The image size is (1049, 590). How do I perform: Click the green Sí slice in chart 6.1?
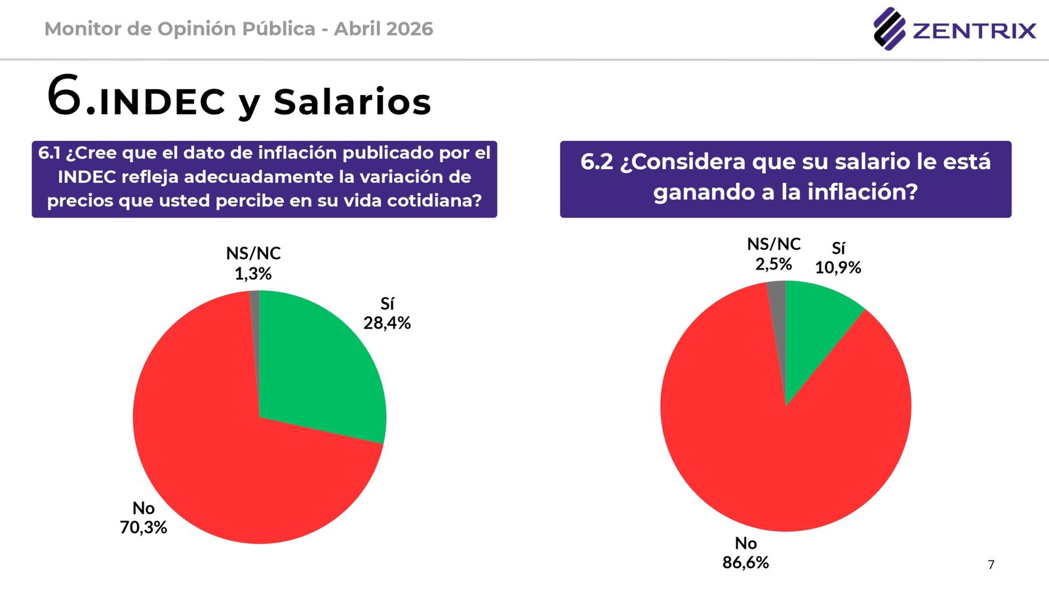(321, 367)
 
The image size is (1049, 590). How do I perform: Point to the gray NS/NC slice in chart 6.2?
(778, 308)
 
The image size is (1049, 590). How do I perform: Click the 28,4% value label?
(387, 323)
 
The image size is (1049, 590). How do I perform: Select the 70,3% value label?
(143, 528)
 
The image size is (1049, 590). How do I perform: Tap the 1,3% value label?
(253, 274)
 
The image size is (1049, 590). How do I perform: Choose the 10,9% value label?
(838, 267)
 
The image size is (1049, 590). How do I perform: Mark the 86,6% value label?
(745, 562)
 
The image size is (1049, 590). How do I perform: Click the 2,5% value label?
(774, 264)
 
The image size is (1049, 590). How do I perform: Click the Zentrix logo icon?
(888, 29)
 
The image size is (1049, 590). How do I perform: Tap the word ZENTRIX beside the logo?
(974, 31)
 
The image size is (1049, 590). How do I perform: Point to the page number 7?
(991, 564)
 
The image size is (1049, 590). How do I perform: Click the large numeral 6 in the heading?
(65, 96)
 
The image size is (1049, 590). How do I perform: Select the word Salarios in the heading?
(352, 102)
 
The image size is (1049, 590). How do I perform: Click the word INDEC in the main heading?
(163, 102)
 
